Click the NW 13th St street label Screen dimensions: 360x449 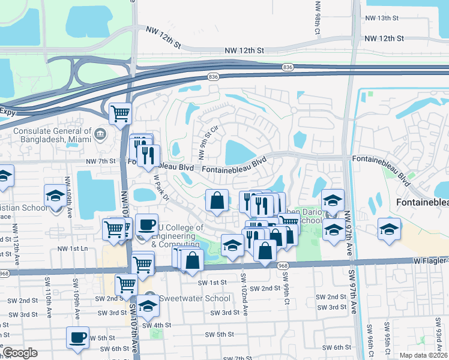click(386, 19)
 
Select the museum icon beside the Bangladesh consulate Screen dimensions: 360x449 click(100, 133)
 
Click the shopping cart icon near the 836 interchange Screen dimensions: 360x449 click(121, 112)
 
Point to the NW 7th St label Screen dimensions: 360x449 click(100, 161)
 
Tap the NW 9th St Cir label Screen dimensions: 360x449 click(205, 149)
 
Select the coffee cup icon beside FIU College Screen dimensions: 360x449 click(146, 225)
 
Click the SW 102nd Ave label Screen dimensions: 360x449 click(243, 295)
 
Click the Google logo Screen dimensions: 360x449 click(20, 352)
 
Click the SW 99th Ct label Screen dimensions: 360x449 click(287, 294)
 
